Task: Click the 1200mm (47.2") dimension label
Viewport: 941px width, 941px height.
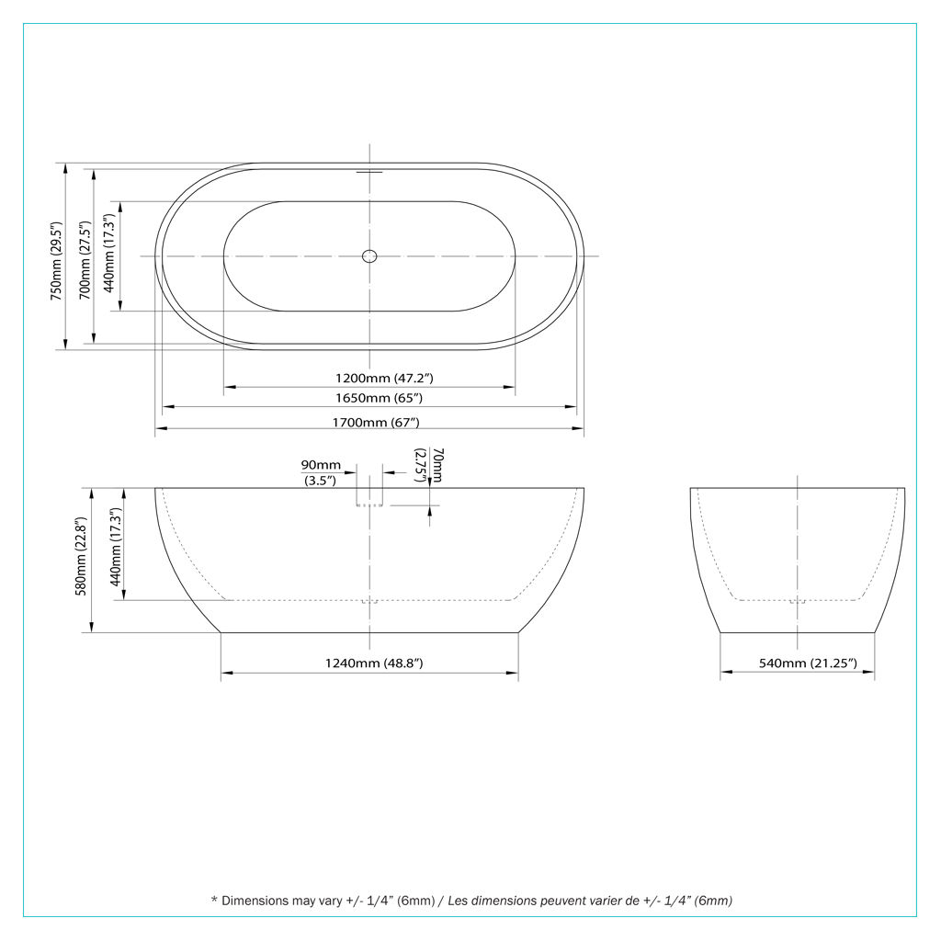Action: coord(384,378)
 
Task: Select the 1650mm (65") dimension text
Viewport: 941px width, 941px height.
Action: coord(379,398)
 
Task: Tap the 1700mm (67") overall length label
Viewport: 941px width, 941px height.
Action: coord(376,423)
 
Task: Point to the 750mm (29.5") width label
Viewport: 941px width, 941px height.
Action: coord(56,261)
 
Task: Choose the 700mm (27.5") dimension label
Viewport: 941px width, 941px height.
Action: coord(85,260)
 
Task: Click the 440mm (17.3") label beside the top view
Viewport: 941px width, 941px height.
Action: coord(109,253)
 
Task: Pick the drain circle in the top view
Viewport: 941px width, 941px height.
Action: coord(369,256)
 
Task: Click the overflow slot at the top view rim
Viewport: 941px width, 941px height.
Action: coord(369,172)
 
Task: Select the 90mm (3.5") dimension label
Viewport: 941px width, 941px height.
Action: coord(321,472)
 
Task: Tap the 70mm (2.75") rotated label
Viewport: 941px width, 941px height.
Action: coord(430,465)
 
